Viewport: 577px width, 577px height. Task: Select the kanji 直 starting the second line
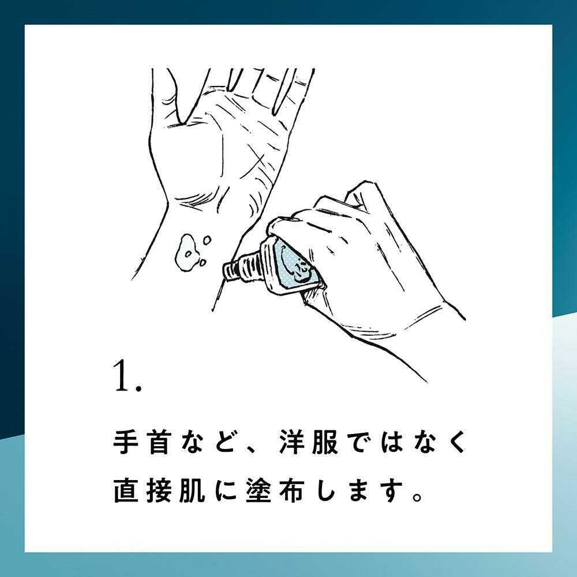(x=126, y=490)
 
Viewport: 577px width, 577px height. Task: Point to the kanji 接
(x=159, y=490)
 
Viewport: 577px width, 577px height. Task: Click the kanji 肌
(x=192, y=490)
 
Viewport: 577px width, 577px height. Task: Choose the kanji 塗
(x=258, y=490)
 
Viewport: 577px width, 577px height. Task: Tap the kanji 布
(x=292, y=490)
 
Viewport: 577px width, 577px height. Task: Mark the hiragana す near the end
(x=392, y=490)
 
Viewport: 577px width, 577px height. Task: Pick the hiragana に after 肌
(x=226, y=490)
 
